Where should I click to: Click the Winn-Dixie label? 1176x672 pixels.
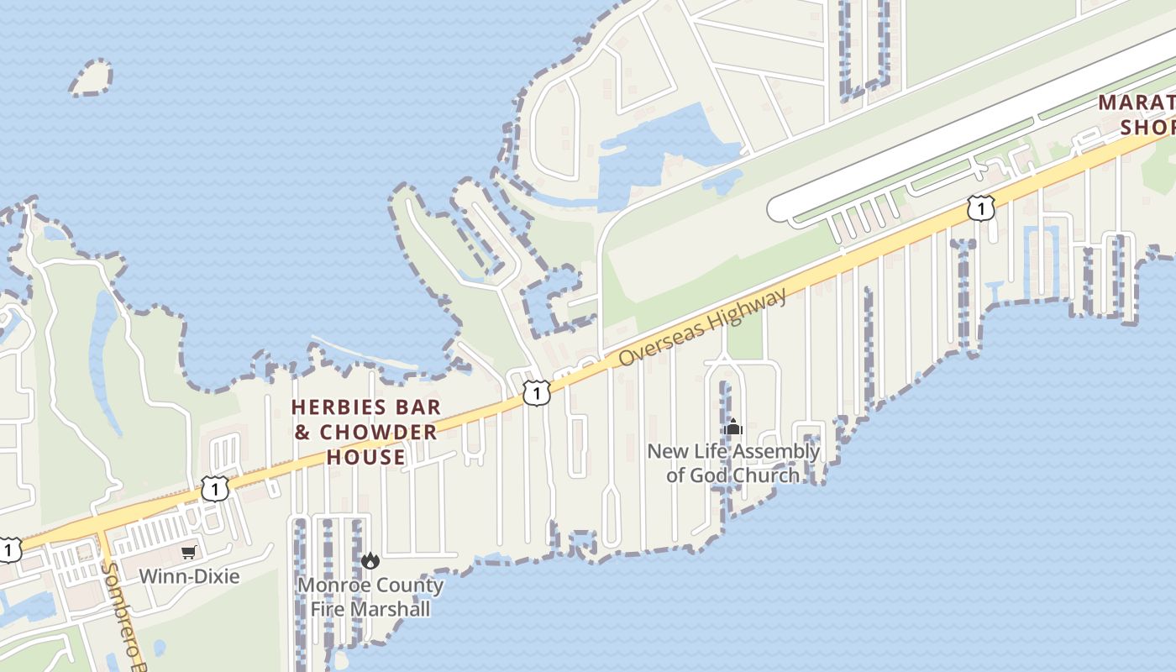click(x=189, y=576)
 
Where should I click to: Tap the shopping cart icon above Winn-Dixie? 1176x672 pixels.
click(x=189, y=552)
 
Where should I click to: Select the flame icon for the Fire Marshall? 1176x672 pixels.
click(x=370, y=560)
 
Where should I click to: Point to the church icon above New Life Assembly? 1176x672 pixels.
click(x=733, y=428)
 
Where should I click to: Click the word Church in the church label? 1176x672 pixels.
click(x=766, y=475)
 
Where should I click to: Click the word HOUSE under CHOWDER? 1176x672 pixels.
click(x=365, y=458)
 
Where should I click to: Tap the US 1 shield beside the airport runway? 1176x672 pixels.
click(x=980, y=207)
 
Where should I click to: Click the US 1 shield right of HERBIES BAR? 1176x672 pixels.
click(x=537, y=392)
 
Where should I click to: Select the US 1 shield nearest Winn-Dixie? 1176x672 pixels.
click(x=215, y=488)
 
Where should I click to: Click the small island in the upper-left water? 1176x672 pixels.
click(x=90, y=78)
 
